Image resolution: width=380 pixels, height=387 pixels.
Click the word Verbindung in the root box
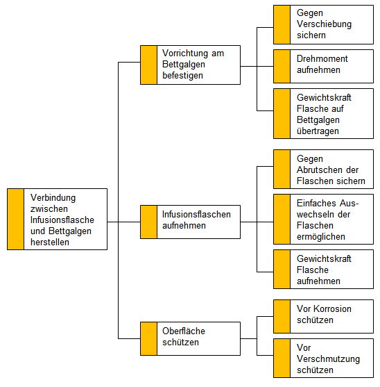(53, 198)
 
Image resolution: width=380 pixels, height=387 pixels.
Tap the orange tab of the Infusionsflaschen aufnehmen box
(149, 222)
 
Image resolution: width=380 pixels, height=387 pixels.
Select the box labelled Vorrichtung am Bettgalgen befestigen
(191, 65)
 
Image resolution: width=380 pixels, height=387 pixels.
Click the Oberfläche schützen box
(191, 338)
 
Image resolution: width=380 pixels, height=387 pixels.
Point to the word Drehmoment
(322, 59)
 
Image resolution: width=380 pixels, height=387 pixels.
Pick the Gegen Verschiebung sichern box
(323, 25)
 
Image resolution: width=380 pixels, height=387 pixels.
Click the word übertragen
(318, 131)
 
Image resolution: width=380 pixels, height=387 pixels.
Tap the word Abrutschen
(319, 170)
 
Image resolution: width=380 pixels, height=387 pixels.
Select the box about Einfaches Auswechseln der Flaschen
(323, 219)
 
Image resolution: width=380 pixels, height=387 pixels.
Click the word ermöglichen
(321, 237)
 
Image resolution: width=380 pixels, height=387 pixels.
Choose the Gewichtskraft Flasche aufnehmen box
(323, 270)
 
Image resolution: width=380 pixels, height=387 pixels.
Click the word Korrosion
(332, 308)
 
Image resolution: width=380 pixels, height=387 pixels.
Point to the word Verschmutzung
(328, 359)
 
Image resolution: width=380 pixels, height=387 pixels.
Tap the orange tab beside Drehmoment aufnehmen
(282, 67)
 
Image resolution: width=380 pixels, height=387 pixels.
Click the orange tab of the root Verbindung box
(15, 219)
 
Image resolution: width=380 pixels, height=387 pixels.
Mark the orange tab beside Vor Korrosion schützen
(282, 316)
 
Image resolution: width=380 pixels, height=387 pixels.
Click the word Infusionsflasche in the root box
(62, 220)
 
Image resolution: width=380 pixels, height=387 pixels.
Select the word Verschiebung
(324, 24)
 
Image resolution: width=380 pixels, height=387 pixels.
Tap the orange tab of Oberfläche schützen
(149, 338)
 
